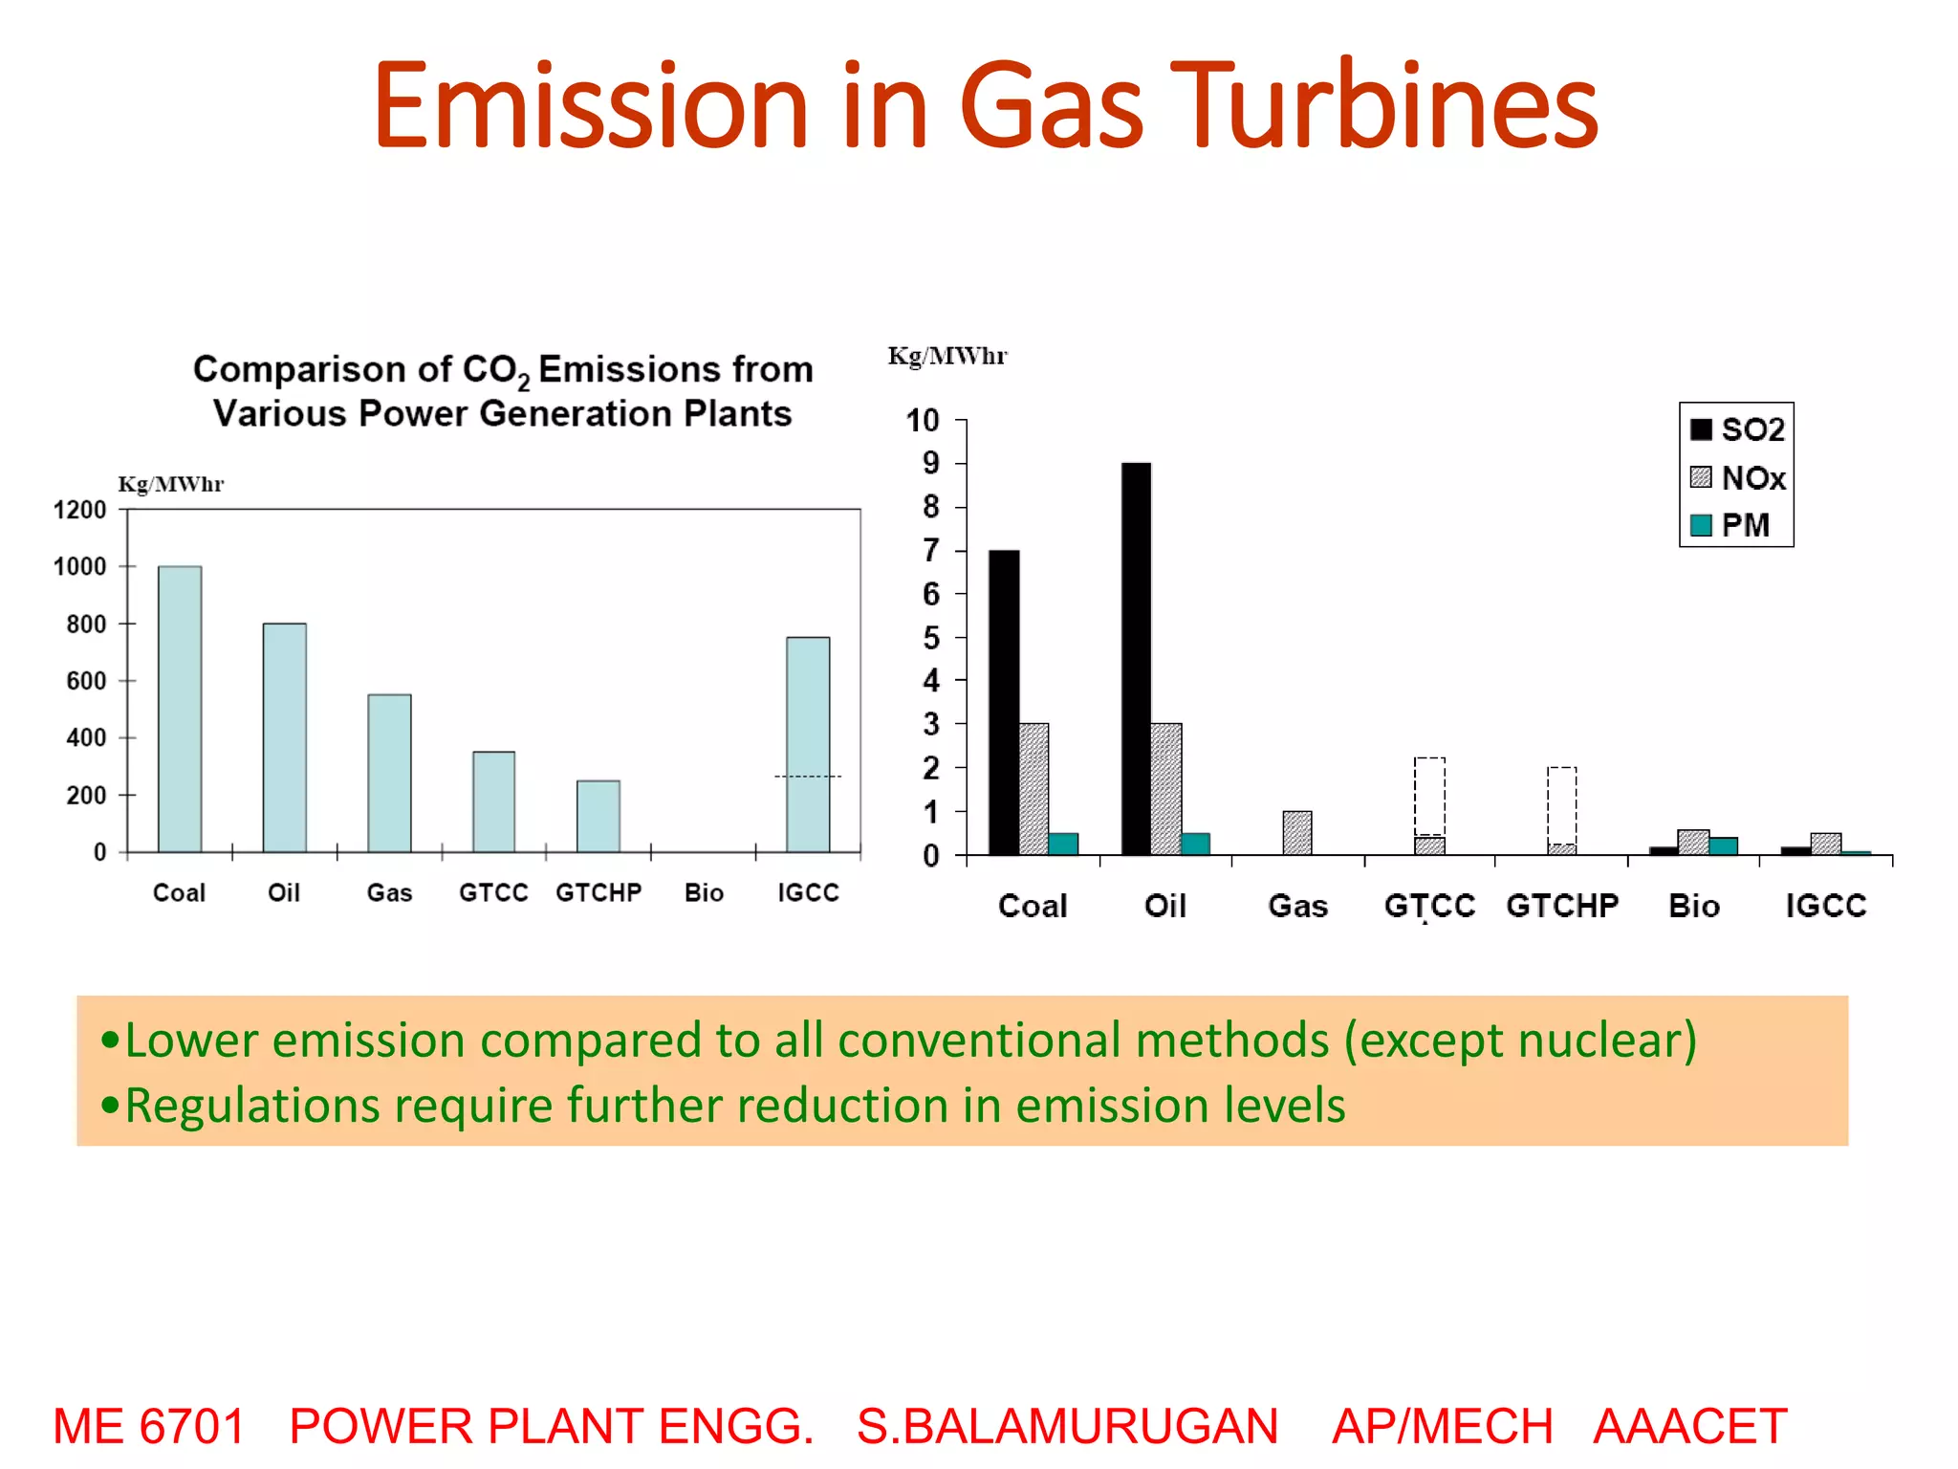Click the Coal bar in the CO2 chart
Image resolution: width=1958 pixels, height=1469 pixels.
click(x=180, y=709)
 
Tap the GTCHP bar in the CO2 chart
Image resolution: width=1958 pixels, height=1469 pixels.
click(x=598, y=816)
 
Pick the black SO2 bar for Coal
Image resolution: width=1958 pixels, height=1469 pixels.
click(x=1004, y=702)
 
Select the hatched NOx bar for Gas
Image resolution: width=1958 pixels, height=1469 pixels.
click(x=1297, y=832)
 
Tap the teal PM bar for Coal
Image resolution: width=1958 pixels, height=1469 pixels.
click(x=1063, y=844)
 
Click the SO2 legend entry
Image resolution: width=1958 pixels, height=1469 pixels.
click(x=1737, y=429)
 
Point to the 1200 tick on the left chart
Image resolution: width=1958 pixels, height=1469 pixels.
click(x=79, y=510)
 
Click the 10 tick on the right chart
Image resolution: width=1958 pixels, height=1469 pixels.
click(x=923, y=420)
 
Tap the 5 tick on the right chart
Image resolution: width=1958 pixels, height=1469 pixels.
click(x=930, y=638)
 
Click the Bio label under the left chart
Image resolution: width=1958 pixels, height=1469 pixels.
click(x=704, y=892)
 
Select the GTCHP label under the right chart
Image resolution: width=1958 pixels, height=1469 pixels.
click(x=1562, y=905)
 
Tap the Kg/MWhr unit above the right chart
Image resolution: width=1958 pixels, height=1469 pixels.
click(x=946, y=356)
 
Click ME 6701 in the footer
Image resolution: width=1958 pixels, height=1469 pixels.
click(x=149, y=1426)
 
